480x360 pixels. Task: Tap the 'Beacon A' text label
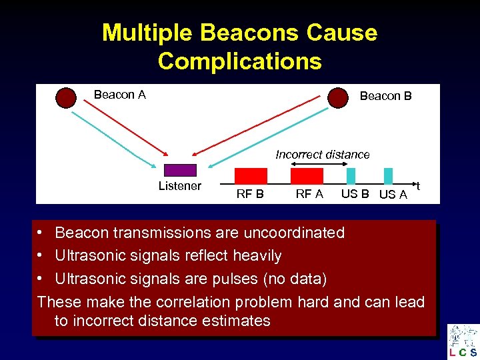click(120, 95)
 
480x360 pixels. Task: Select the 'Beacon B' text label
click(385, 96)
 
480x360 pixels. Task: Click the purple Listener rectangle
click(180, 170)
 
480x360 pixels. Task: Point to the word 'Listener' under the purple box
click(179, 186)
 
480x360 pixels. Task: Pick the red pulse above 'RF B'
click(251, 175)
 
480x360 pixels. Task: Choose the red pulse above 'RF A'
click(307, 175)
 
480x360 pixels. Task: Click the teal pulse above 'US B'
click(351, 175)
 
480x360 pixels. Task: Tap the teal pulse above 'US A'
click(388, 175)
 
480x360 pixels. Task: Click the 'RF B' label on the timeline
click(250, 195)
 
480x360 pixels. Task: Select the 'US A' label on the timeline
click(393, 195)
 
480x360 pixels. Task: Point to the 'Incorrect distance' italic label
click(323, 155)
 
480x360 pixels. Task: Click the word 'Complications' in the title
click(239, 61)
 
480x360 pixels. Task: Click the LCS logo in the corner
click(463, 341)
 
